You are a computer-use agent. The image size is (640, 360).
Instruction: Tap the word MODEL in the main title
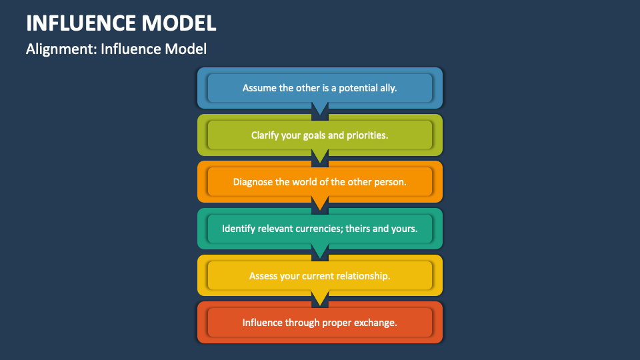pyautogui.click(x=179, y=23)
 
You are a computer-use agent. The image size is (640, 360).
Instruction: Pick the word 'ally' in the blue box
pyautogui.click(x=388, y=88)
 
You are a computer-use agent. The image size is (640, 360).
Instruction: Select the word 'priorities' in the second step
pyautogui.click(x=367, y=135)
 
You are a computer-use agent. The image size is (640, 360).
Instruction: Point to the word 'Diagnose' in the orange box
pyautogui.click(x=252, y=181)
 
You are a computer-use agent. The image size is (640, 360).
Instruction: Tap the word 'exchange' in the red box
pyautogui.click(x=377, y=322)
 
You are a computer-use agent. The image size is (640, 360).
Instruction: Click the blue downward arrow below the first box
pyautogui.click(x=320, y=109)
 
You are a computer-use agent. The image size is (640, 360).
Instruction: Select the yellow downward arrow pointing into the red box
pyautogui.click(x=320, y=297)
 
